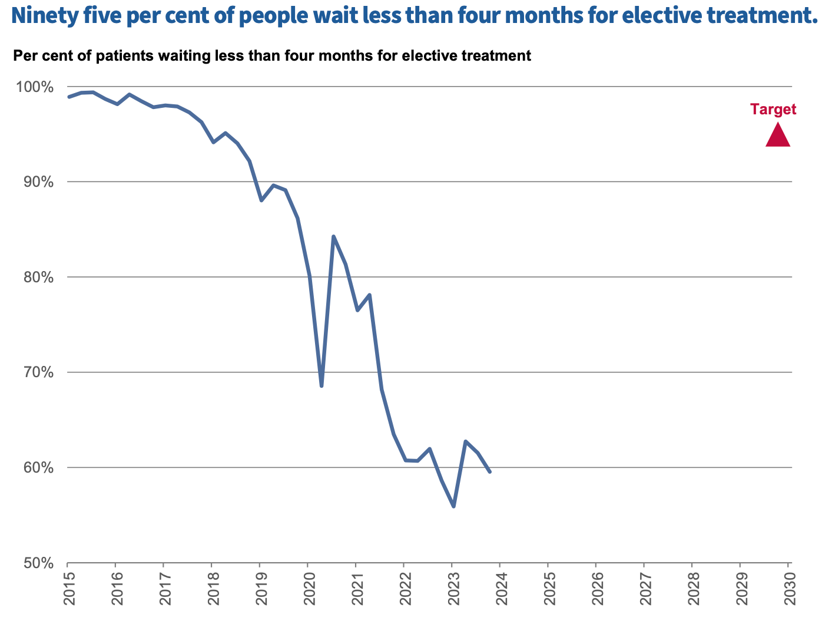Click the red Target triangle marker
[x=777, y=136]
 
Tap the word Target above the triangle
[x=773, y=109]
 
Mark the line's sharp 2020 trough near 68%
[x=321, y=386]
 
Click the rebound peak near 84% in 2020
[x=333, y=236]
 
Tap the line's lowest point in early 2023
[x=453, y=506]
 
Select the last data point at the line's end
[x=490, y=471]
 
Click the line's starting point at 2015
[x=68, y=97]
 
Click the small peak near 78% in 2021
[x=369, y=295]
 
